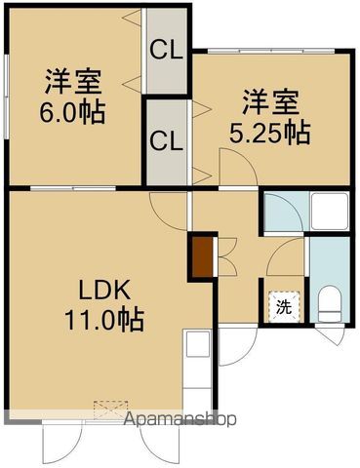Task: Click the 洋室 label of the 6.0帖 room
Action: [73, 79]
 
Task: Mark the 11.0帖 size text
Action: [105, 318]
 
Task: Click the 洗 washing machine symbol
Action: [284, 306]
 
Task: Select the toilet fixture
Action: [328, 305]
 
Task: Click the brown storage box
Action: [201, 255]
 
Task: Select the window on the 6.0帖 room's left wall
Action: [5, 98]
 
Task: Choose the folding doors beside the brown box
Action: [220, 255]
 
